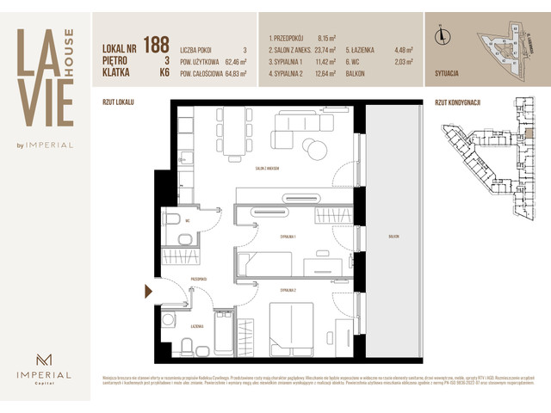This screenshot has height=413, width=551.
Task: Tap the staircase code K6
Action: coord(163,74)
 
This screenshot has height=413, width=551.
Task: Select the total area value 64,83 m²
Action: coord(232,74)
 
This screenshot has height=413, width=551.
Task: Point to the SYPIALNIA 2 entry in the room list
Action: coord(293,73)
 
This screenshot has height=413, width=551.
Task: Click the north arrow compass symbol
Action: coord(441,35)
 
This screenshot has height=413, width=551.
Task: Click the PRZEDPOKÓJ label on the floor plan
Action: coord(199,280)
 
